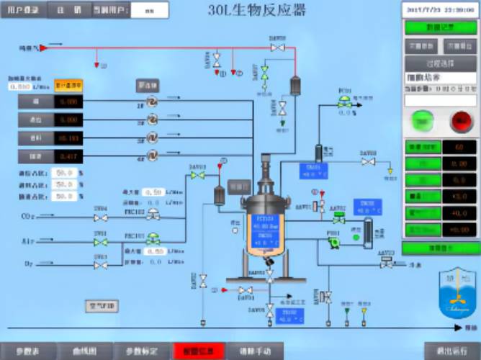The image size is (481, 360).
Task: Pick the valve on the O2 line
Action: pos(101,264)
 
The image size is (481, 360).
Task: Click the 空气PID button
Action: pos(101,307)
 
